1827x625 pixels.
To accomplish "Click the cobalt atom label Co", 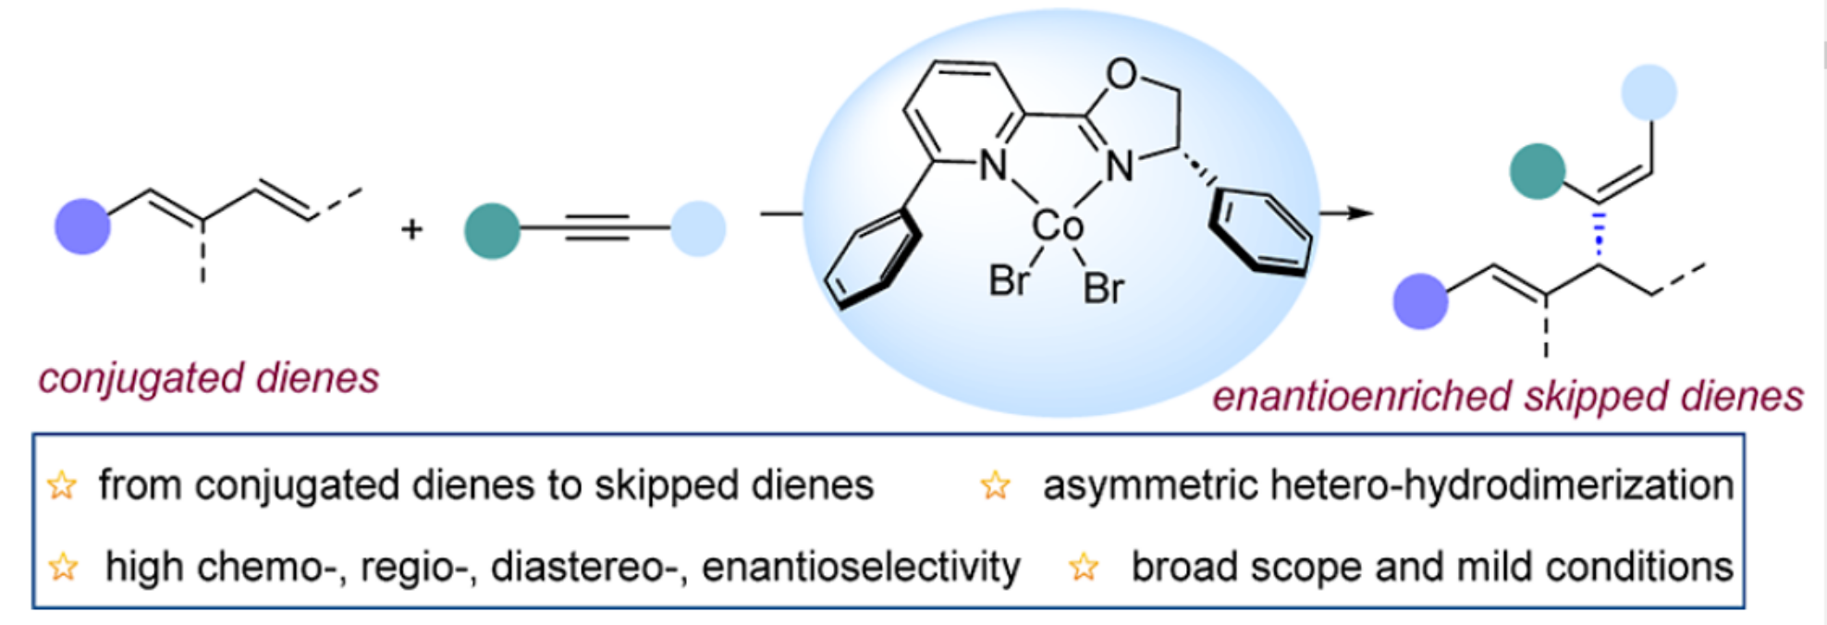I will click(x=1057, y=226).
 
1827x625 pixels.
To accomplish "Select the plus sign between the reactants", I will click(x=412, y=228).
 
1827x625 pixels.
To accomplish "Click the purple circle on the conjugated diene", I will click(x=82, y=227).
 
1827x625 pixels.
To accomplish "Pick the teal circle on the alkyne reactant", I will click(x=492, y=230).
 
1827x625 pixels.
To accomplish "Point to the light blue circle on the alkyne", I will click(x=698, y=228).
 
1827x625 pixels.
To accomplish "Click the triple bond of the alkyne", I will click(x=596, y=227).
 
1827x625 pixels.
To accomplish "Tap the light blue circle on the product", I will click(x=1649, y=92).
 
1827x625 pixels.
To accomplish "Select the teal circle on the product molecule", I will click(x=1537, y=171).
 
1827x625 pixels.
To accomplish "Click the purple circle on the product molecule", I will click(x=1420, y=301).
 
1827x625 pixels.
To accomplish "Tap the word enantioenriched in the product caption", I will click(x=1361, y=397).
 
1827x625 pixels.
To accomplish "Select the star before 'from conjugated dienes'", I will click(x=62, y=485).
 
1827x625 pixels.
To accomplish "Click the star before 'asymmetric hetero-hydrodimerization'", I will click(x=996, y=485).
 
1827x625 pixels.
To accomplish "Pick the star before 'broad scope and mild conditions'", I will click(x=1084, y=567).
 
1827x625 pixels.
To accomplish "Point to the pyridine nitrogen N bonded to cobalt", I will click(x=993, y=165).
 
